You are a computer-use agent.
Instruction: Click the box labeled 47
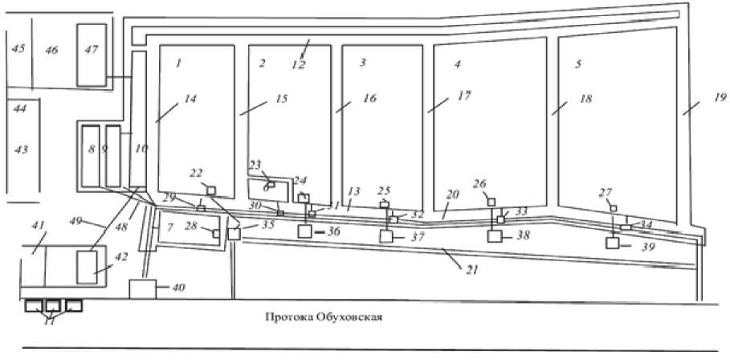coord(92,54)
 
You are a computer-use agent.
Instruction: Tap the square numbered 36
coord(304,231)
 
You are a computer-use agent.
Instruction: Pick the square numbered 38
coord(496,237)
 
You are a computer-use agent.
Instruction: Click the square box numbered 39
coord(614,243)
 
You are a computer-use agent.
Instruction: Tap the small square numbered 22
coord(210,190)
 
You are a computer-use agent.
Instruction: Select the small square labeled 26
coord(491,201)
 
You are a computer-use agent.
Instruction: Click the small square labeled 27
coord(613,208)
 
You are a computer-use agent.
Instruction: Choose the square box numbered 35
coord(234,234)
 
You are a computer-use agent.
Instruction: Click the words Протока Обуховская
coord(324,316)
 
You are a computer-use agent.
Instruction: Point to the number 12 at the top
coord(299,64)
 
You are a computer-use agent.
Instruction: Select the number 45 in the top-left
coord(18,49)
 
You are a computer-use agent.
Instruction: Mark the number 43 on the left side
coord(21,149)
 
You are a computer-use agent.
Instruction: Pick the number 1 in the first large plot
coord(180,63)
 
